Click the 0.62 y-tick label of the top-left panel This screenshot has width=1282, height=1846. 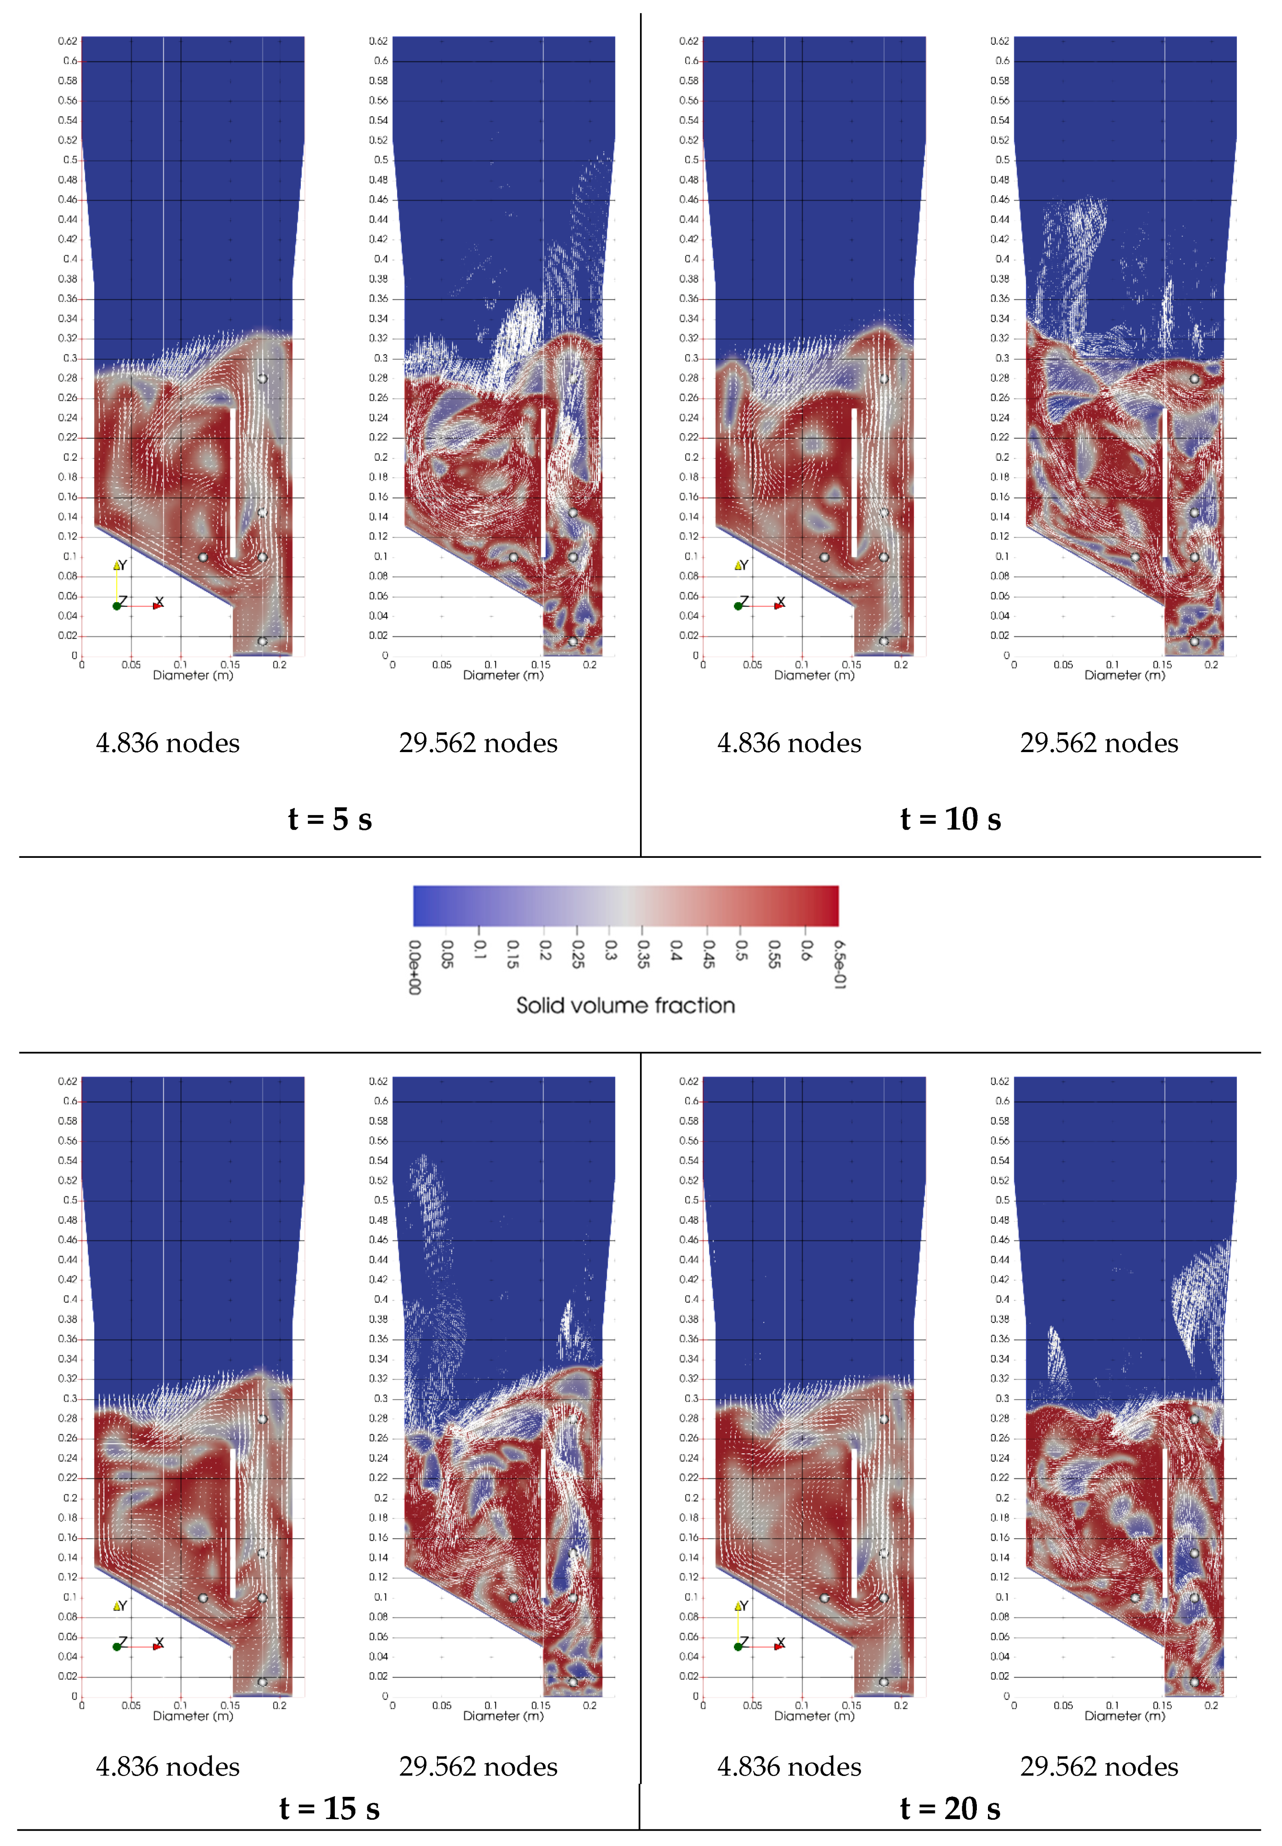[67, 41]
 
